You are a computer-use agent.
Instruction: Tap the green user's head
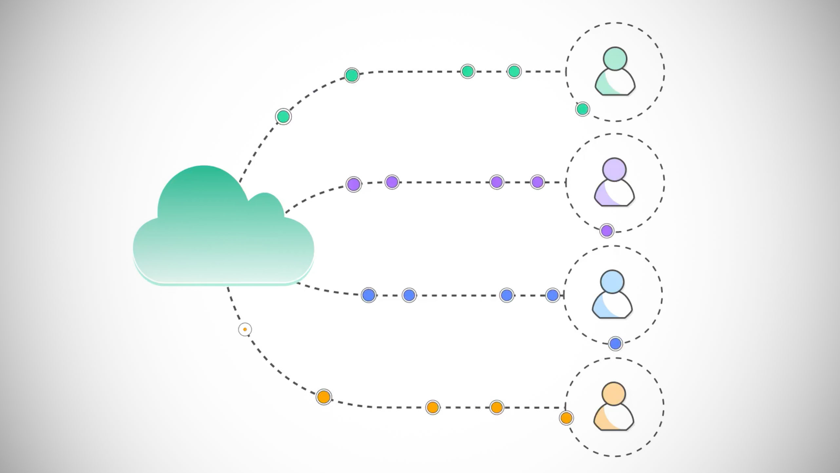(615, 59)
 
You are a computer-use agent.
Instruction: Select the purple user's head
(614, 169)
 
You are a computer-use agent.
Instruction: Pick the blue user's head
(612, 281)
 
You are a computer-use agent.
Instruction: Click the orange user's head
(614, 394)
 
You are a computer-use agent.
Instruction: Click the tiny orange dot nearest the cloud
(245, 329)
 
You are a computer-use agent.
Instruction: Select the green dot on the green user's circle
(582, 109)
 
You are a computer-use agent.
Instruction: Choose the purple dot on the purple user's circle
(607, 231)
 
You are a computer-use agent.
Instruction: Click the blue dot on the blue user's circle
(615, 343)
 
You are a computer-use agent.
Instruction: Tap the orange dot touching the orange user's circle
(566, 418)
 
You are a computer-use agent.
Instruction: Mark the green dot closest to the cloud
(283, 116)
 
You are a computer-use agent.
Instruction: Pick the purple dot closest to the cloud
(354, 184)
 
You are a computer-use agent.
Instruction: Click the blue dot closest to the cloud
(369, 295)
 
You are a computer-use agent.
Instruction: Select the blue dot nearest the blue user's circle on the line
(553, 295)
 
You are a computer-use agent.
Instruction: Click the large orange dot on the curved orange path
(324, 397)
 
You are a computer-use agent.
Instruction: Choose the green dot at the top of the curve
(352, 75)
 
